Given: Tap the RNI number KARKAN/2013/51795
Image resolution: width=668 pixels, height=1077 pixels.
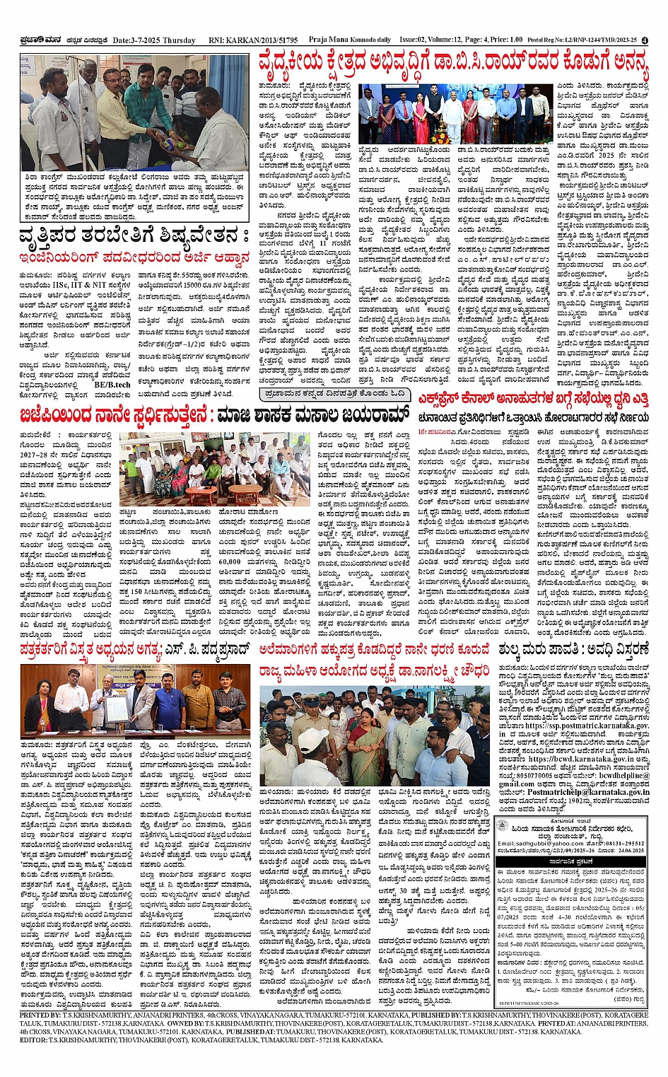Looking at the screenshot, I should [x=254, y=40].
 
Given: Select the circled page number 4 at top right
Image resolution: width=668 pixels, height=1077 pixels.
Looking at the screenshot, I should [x=644, y=40].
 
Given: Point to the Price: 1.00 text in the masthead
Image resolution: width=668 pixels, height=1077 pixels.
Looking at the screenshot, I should [x=506, y=40].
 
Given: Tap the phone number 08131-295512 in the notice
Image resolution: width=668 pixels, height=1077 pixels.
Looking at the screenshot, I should [x=626, y=844].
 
